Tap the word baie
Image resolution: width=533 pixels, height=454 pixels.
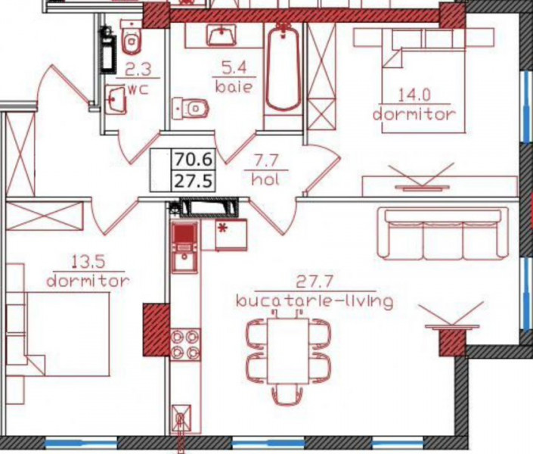pyautogui.click(x=234, y=87)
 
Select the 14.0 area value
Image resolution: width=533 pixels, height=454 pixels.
pyautogui.click(x=414, y=95)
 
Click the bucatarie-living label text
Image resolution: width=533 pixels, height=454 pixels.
pyautogui.click(x=315, y=302)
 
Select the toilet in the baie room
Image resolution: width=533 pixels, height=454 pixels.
pyautogui.click(x=191, y=108)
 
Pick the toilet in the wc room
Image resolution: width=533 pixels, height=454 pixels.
pyautogui.click(x=132, y=39)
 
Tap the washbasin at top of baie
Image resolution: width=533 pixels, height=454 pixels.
pyautogui.click(x=222, y=35)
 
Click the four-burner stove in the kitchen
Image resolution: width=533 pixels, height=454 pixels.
pyautogui.click(x=185, y=344)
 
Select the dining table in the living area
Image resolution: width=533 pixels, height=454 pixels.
pyautogui.click(x=288, y=350)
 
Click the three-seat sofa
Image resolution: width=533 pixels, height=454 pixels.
pyautogui.click(x=443, y=234)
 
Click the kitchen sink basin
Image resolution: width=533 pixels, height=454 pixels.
pyautogui.click(x=184, y=262)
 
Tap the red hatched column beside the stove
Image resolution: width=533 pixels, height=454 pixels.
pyautogui.click(x=156, y=330)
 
